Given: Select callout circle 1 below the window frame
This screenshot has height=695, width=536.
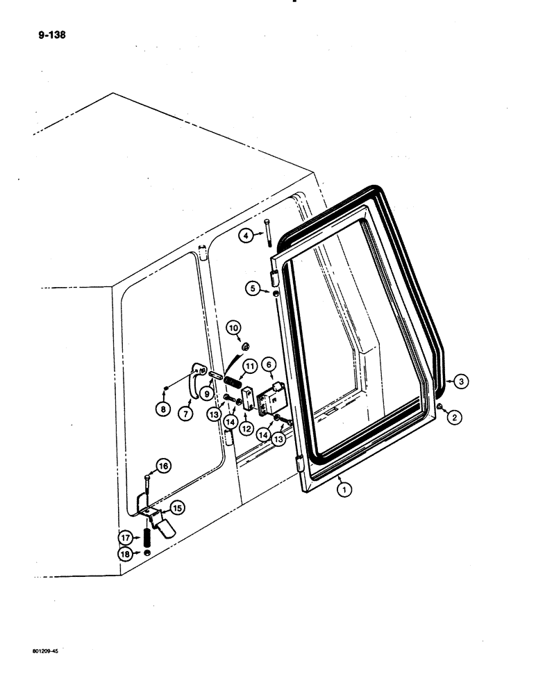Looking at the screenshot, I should [341, 489].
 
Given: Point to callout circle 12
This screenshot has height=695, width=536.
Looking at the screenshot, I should [245, 430].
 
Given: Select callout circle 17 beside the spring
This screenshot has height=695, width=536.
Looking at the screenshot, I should [126, 537].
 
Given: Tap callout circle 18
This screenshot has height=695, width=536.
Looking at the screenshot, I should [126, 554].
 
